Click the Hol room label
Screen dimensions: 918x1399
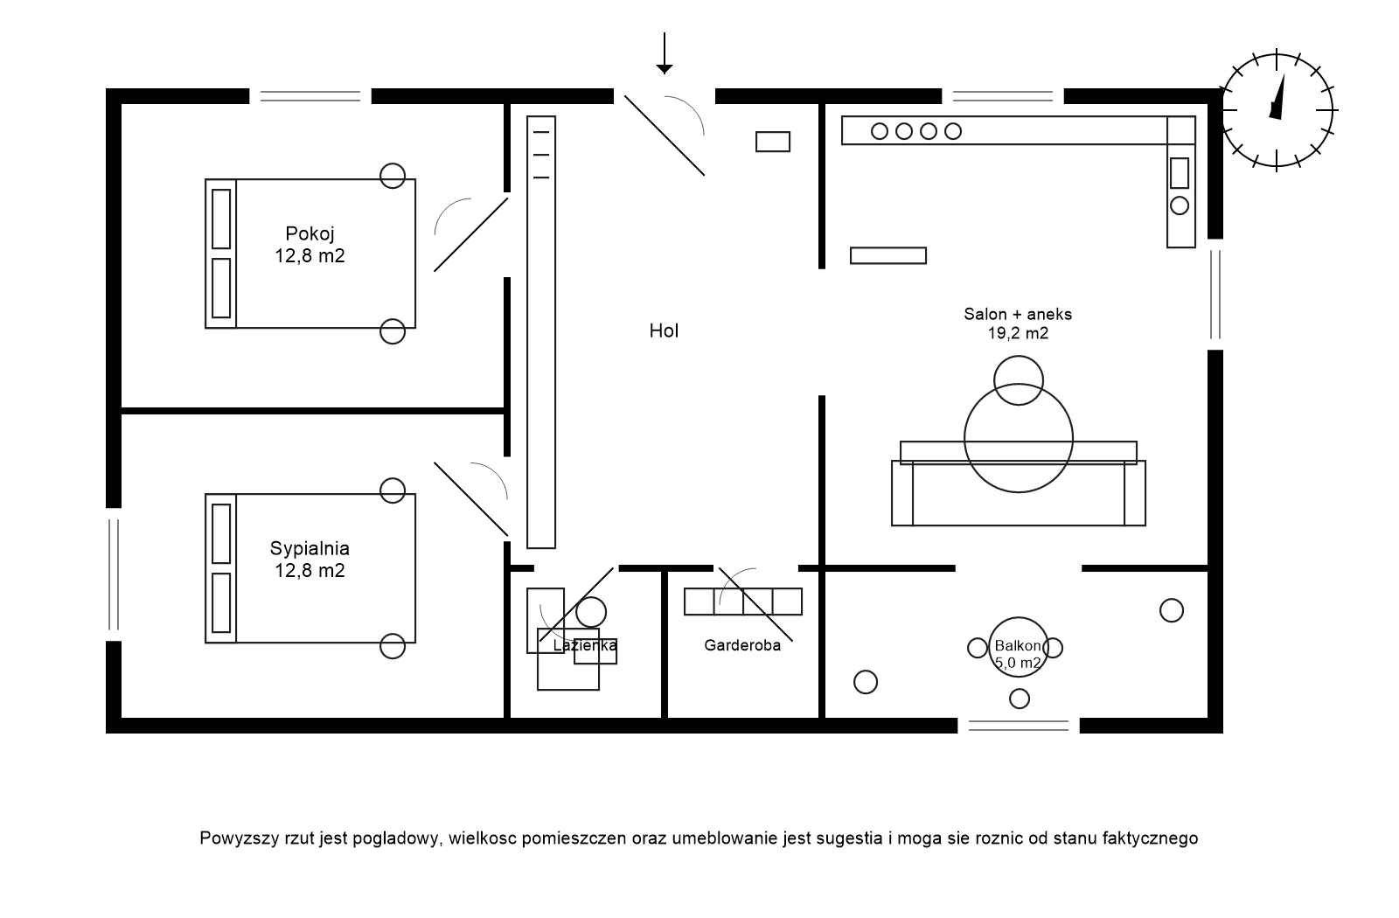(664, 330)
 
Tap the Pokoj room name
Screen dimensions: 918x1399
(310, 233)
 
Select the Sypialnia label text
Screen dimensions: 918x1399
(310, 549)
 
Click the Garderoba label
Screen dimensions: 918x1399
(742, 646)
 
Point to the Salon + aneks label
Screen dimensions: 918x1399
(1018, 314)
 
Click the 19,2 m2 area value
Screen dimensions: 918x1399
(1018, 333)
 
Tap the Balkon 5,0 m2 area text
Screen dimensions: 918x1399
(1018, 663)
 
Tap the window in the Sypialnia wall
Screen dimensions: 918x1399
(114, 574)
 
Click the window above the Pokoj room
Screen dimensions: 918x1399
(310, 96)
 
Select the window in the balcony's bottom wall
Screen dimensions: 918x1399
(1019, 726)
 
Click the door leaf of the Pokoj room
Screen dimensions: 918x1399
(471, 234)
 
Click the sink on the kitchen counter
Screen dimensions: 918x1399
(1180, 173)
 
